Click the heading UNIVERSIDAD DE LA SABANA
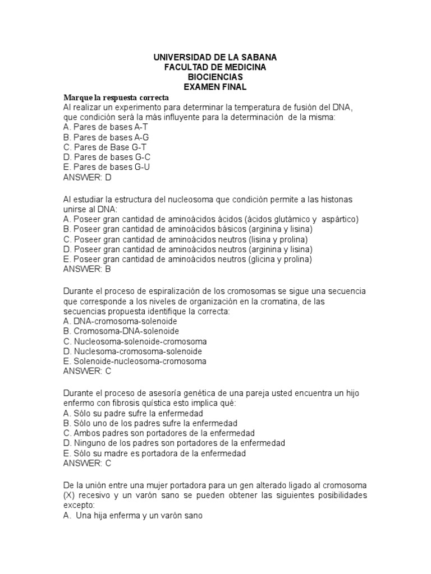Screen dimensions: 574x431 point(215,57)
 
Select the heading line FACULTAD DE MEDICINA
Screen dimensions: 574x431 point(215,67)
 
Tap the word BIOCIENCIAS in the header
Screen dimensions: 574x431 point(215,77)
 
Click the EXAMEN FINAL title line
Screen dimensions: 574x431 point(215,87)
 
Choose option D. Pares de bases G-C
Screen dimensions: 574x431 point(107,157)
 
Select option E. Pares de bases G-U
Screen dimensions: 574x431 point(107,167)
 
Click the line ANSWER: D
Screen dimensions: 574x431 point(88,177)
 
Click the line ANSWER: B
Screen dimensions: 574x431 point(88,269)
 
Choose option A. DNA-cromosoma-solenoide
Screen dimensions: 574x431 point(120,321)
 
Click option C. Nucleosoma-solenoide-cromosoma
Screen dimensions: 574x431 point(135,341)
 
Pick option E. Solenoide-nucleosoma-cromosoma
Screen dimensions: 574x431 point(135,361)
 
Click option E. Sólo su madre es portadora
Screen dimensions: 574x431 point(154,453)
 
